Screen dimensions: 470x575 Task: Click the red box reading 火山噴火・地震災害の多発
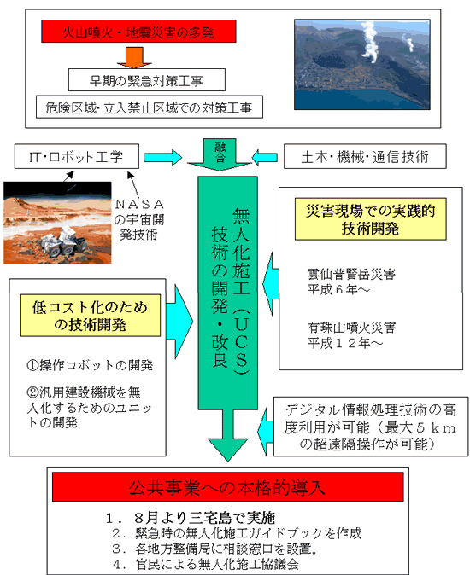coord(138,32)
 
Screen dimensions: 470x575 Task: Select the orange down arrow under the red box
coord(134,57)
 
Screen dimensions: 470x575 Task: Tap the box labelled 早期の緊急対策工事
coord(147,80)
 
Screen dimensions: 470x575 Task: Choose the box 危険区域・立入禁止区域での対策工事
coord(150,107)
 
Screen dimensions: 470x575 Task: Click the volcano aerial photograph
coord(362,65)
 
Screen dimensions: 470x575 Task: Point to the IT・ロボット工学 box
coord(77,156)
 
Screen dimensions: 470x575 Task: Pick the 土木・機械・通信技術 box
coord(365,156)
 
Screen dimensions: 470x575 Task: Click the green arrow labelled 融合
coord(220,154)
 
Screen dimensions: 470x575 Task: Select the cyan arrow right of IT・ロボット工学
coord(162,157)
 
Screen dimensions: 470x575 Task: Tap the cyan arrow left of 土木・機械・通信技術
coord(265,157)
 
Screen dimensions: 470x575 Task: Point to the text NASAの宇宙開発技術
coord(138,219)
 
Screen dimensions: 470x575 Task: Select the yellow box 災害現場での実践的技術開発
coord(371,219)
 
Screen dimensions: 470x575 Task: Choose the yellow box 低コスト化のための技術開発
coord(91,316)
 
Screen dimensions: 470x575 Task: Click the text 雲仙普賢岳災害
coord(351,274)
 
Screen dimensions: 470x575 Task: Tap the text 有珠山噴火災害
coord(351,327)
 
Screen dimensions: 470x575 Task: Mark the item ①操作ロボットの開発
coord(90,365)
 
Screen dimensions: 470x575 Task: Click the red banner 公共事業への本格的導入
coord(227,487)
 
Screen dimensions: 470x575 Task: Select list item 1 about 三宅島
coord(191,518)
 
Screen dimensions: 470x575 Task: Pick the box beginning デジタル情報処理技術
coord(371,427)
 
